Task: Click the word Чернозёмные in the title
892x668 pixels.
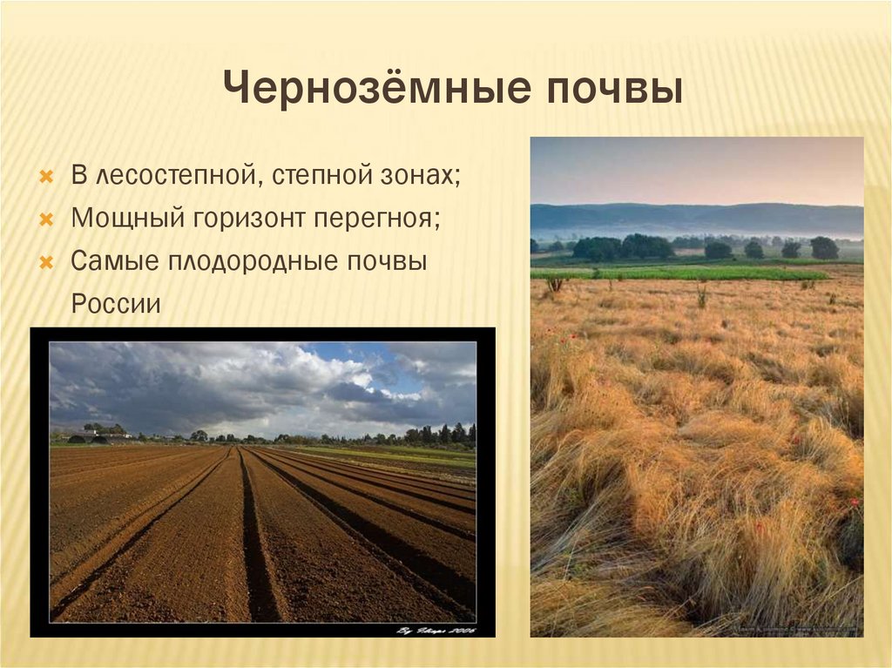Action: tap(349, 91)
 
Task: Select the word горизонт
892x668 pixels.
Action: tap(249, 218)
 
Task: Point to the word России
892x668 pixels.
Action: tap(116, 303)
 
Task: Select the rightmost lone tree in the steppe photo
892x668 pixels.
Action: tap(824, 247)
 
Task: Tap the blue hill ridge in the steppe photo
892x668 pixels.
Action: tap(697, 216)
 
